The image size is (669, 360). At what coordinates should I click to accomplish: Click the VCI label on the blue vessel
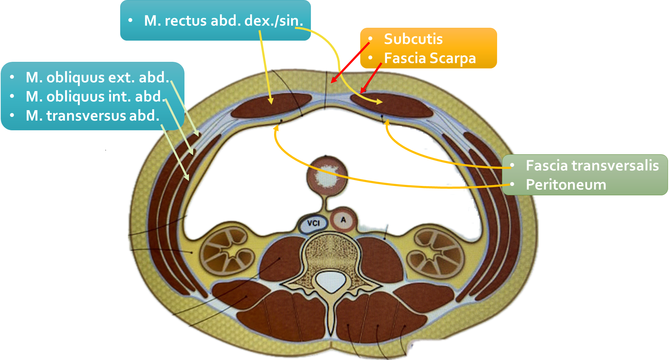[x=313, y=223]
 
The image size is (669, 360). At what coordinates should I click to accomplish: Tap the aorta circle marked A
[x=343, y=220]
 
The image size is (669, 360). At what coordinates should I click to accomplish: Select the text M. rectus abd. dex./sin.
[x=223, y=21]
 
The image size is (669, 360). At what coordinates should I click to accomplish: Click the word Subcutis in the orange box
[x=413, y=39]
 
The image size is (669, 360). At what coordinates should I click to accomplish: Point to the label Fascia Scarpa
[x=430, y=58]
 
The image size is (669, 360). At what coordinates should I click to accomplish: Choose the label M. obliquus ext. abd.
[x=98, y=77]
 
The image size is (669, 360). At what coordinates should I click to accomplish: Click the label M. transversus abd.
[x=92, y=116]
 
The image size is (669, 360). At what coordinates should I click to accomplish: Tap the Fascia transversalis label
[x=592, y=165]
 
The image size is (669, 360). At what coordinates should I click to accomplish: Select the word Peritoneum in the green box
[x=566, y=185]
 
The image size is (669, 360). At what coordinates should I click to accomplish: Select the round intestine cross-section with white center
[x=327, y=175]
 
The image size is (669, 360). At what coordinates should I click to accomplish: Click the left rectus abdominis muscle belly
[x=271, y=105]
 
